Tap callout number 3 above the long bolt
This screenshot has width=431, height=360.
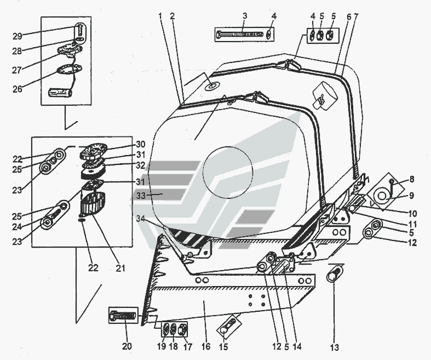245,15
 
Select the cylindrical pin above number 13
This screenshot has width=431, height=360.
335,272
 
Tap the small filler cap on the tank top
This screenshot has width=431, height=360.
211,86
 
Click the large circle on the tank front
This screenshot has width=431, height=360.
229,172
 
